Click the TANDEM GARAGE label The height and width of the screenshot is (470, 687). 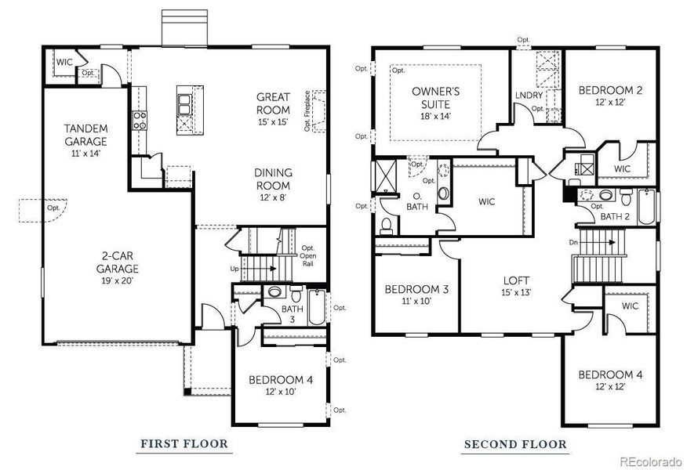[85, 135]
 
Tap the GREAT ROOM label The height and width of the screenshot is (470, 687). [273, 103]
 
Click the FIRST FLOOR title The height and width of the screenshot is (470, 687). [184, 444]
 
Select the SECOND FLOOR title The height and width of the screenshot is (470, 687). [515, 444]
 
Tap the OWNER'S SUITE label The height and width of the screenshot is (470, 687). [435, 97]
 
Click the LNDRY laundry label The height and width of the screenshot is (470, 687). [524, 95]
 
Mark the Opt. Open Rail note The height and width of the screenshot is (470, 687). [308, 256]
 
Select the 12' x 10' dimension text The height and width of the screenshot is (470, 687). [280, 392]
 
